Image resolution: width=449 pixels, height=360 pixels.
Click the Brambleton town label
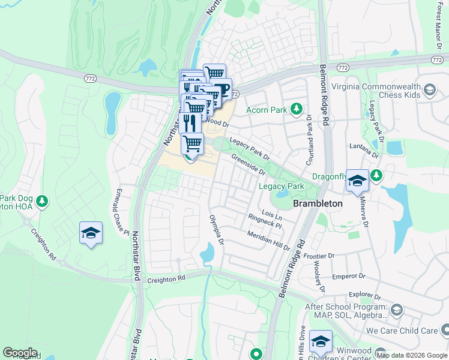318,203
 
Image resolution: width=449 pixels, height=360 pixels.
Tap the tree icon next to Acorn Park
295,109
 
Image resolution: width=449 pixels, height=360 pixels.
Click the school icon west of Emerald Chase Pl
91,233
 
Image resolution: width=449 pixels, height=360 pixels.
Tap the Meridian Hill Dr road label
268,241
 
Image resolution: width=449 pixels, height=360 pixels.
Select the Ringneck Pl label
264,223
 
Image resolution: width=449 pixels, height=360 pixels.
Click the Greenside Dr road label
249,163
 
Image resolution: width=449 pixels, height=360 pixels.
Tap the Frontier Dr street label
319,256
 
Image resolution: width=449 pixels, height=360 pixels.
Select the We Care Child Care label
402,331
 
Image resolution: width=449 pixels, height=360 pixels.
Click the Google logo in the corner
20,353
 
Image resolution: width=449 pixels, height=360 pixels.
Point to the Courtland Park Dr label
310,140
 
